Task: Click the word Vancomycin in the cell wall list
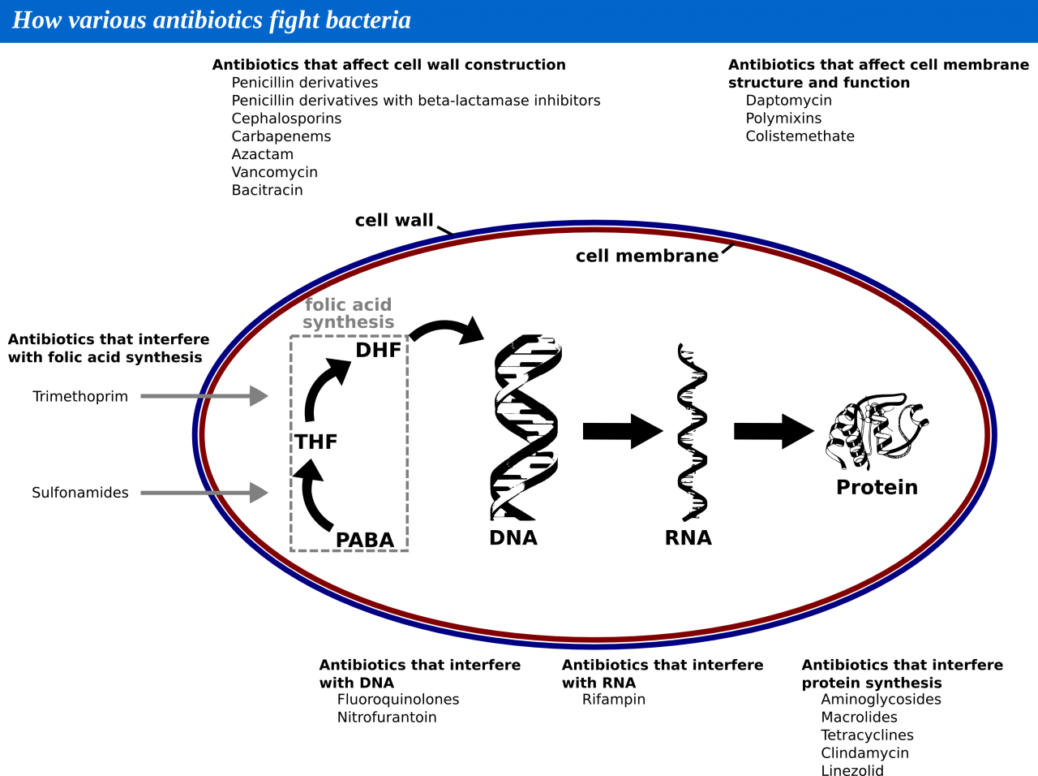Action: point(274,172)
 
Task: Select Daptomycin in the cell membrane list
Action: point(788,101)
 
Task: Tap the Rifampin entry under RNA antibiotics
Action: point(613,700)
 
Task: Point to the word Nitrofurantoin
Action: point(386,718)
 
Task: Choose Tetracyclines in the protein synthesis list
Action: point(867,735)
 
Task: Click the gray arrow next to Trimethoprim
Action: point(204,396)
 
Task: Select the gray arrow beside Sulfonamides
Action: point(204,493)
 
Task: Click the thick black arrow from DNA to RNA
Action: point(623,431)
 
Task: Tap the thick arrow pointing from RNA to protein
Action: point(774,431)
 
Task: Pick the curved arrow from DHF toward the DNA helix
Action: point(444,325)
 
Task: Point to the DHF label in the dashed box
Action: point(378,350)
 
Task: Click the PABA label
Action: point(365,541)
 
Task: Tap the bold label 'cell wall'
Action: point(394,221)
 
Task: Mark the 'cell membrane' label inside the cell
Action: point(647,256)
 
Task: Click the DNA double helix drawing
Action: point(525,427)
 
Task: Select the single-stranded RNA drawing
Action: point(693,432)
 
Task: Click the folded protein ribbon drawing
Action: point(877,431)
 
